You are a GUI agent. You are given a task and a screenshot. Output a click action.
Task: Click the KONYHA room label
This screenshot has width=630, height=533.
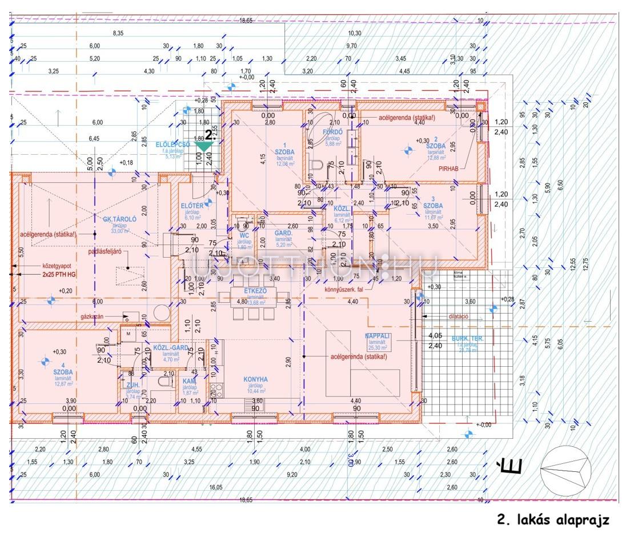click(255, 379)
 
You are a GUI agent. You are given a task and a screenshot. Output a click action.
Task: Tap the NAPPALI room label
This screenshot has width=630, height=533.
click(378, 336)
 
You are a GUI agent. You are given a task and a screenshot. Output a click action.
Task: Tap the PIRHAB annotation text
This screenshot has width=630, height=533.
click(450, 169)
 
